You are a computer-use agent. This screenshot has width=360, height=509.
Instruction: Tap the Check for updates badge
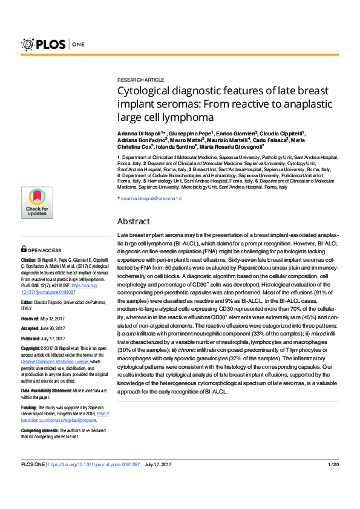point(37,202)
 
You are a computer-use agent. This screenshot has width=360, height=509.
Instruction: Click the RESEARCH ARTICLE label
point(140,80)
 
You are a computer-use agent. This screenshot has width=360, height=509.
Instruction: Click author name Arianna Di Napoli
point(140,132)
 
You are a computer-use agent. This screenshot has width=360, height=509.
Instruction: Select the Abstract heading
point(134,221)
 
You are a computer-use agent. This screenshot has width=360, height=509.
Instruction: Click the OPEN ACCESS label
point(44,249)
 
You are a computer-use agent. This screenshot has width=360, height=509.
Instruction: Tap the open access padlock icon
point(24,248)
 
